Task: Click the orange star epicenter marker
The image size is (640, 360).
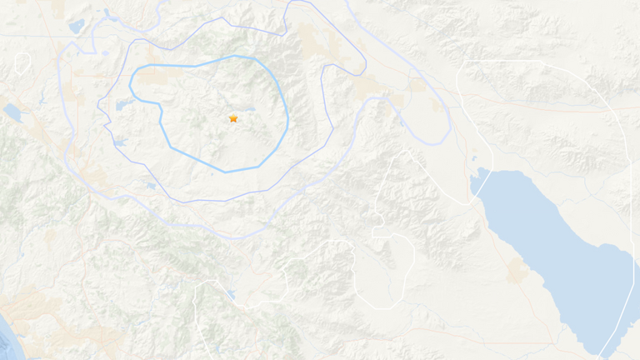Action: (233, 118)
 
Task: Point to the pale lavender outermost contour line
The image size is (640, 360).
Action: (451, 125)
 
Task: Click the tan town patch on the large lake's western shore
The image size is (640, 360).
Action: (517, 269)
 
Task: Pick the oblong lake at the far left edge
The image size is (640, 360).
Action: (12, 112)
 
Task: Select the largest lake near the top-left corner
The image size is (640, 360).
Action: (76, 27)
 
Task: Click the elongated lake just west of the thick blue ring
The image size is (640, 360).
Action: (125, 104)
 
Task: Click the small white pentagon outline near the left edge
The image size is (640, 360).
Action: (22, 62)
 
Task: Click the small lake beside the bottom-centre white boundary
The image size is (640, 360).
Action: (230, 294)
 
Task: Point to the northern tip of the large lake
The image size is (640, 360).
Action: (478, 174)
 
